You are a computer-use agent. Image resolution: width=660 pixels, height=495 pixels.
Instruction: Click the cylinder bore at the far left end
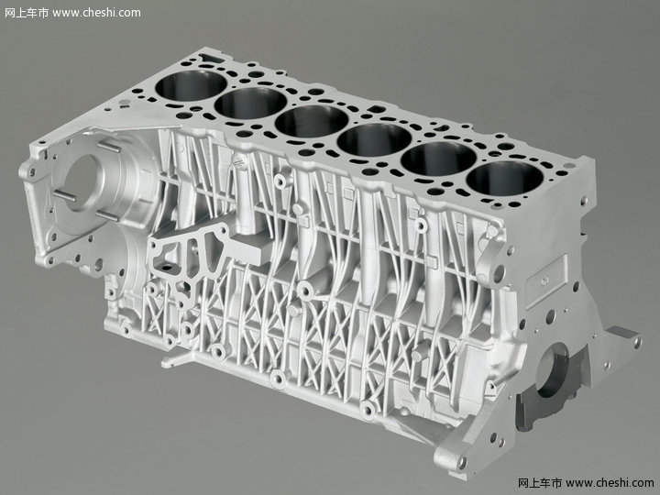tap(191, 85)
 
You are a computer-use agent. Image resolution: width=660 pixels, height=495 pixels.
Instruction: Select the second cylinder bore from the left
tap(251, 103)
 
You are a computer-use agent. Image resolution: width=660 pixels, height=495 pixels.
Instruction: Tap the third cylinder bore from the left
tap(312, 121)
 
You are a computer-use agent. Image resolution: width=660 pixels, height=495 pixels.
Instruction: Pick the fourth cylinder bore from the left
tap(374, 139)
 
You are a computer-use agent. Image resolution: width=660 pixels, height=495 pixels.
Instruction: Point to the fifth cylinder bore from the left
tap(438, 159)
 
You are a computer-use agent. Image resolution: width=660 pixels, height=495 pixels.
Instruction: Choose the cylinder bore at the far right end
tap(505, 179)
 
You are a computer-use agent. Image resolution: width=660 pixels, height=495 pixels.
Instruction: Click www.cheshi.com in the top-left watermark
tap(97, 13)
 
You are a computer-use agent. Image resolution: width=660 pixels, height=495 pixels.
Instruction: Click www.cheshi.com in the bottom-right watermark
tap(610, 482)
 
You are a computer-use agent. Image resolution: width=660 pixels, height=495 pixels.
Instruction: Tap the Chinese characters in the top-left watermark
tap(27, 13)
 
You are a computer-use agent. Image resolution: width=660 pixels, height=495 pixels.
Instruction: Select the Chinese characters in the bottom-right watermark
tap(540, 482)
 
